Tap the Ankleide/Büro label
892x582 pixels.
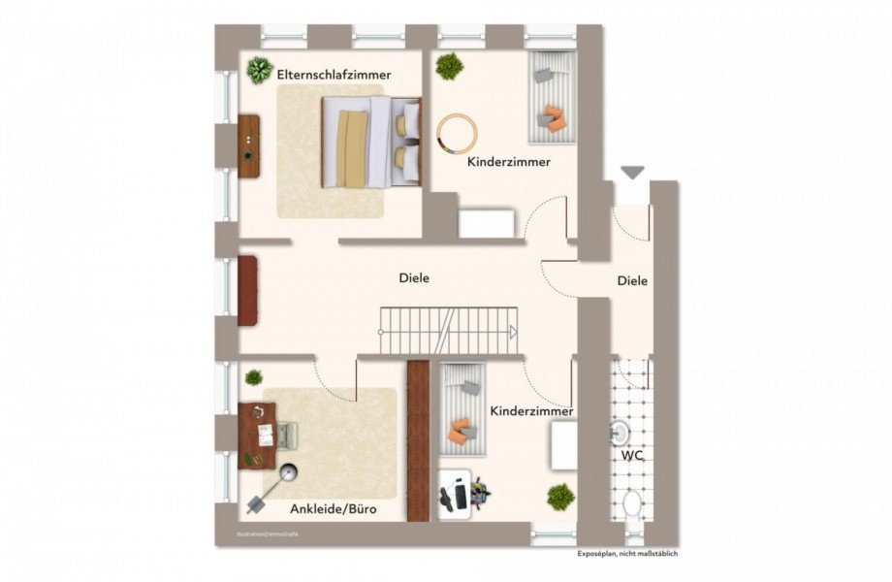333,508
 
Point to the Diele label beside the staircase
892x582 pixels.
414,278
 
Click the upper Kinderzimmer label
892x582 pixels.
508,162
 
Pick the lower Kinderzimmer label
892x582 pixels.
531,411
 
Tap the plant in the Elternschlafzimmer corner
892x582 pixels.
259,70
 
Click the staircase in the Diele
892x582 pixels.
447,331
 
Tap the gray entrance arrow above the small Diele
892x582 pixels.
633,173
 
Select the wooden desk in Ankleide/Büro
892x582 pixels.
256,436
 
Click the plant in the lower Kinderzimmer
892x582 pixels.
560,498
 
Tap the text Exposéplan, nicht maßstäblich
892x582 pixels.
627,554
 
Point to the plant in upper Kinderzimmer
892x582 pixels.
449,66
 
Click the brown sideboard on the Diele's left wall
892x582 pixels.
248,290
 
